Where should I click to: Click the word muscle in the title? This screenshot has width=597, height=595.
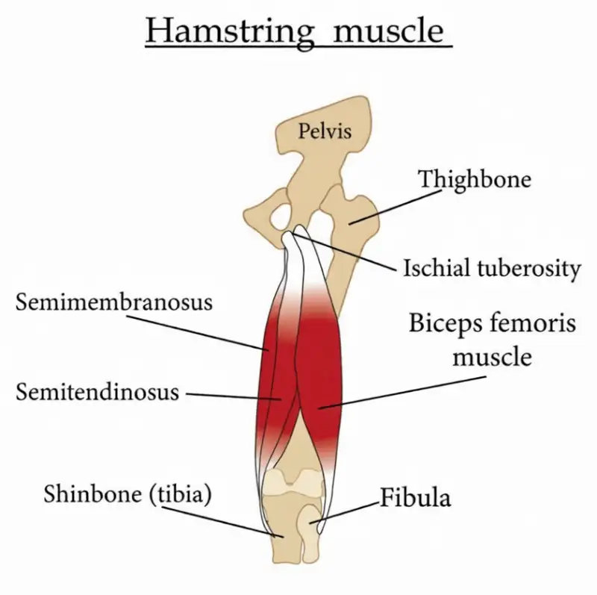[x=390, y=32]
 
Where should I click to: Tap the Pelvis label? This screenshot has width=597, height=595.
[x=325, y=132]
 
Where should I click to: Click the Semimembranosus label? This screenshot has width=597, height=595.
[x=114, y=302]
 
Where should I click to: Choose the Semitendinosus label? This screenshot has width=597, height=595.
[x=97, y=390]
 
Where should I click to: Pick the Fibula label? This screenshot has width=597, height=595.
[x=416, y=496]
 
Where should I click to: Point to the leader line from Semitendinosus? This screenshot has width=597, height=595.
[x=231, y=395]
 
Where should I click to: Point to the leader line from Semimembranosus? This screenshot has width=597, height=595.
[x=198, y=331]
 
